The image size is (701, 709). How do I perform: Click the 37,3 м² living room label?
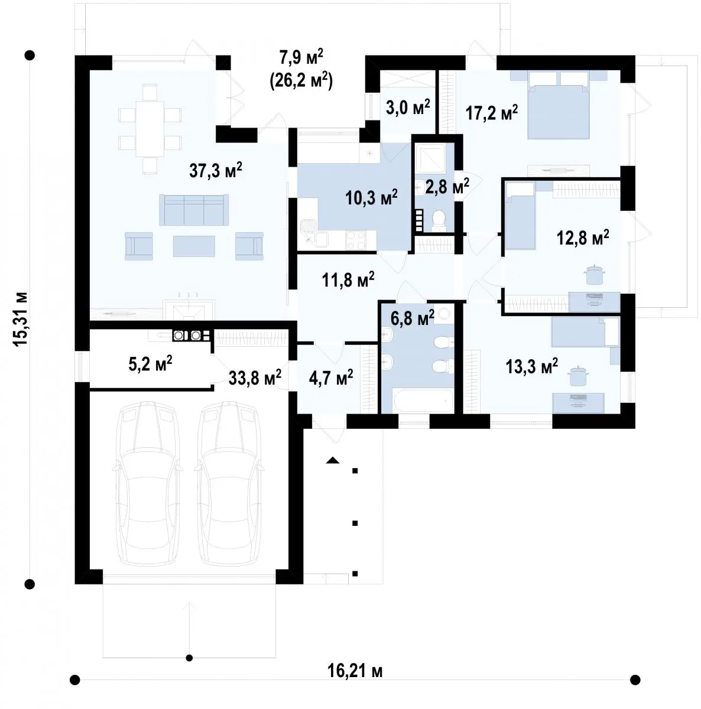(216, 171)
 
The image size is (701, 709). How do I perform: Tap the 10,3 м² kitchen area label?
(372, 197)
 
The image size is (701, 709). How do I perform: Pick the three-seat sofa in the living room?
(194, 210)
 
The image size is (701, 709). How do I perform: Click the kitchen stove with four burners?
(356, 240)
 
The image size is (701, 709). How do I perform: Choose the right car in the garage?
(229, 484)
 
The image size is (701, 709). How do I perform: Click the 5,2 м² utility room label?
(150, 363)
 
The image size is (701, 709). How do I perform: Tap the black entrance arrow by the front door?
(332, 460)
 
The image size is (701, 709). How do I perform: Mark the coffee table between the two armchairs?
(194, 246)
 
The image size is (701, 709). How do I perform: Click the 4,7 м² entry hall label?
(330, 378)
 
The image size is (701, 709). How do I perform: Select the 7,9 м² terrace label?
(301, 57)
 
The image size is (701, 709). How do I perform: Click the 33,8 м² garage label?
(255, 378)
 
